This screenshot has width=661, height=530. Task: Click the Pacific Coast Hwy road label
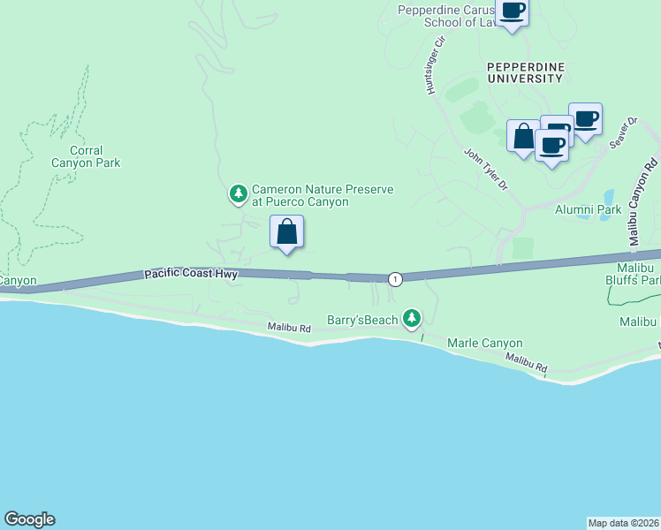[191, 276]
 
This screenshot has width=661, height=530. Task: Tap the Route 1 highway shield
[394, 279]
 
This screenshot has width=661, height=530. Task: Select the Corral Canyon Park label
[86, 157]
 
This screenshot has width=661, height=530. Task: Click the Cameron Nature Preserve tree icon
[238, 193]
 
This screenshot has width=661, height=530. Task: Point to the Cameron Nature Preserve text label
[323, 195]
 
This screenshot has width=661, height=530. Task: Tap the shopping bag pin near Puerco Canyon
[286, 232]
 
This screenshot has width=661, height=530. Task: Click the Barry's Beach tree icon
[411, 318]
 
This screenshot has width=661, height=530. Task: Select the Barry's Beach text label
[362, 320]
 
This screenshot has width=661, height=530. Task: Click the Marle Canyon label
[485, 343]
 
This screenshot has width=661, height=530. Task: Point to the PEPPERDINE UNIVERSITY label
[525, 72]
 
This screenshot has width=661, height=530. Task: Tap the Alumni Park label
[589, 209]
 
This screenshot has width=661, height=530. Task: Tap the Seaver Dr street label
[623, 133]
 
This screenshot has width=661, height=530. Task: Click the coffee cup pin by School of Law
[512, 11]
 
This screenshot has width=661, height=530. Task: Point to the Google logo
[29, 519]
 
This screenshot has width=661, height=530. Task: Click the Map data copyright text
[623, 523]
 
